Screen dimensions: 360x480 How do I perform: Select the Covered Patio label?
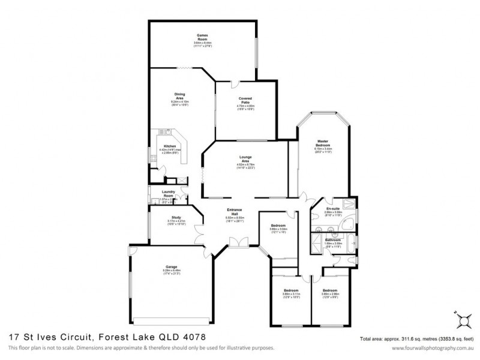[x=245, y=100]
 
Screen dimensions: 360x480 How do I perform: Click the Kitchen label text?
[x=170, y=146]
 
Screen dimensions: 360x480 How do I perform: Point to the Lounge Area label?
[x=245, y=158]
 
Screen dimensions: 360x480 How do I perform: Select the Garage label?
[x=171, y=268]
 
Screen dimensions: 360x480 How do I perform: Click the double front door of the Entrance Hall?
[x=238, y=241]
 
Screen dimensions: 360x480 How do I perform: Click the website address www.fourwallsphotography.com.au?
[x=430, y=348]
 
